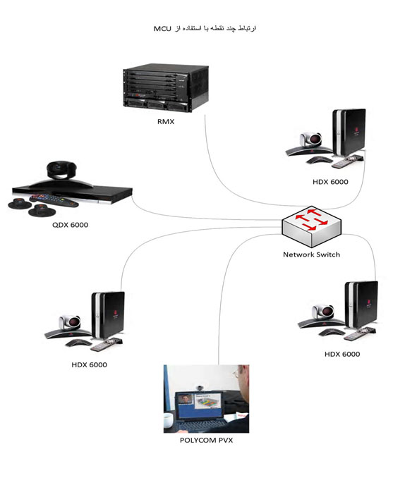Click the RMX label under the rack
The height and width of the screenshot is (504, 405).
pyautogui.click(x=166, y=122)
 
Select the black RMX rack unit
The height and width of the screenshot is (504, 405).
pyautogui.click(x=166, y=87)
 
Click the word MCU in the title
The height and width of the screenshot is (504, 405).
pyautogui.click(x=162, y=29)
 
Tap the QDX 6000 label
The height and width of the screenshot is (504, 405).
pyautogui.click(x=70, y=225)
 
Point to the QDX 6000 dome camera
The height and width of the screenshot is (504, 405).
pyautogui.click(x=61, y=170)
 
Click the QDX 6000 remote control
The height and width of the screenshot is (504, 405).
pyautogui.click(x=54, y=200)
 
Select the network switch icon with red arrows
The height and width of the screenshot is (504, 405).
pyautogui.click(x=311, y=226)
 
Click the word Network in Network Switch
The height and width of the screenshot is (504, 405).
pyautogui.click(x=298, y=254)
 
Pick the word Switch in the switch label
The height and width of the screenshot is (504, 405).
pyautogui.click(x=327, y=254)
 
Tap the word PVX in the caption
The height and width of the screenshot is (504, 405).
pyautogui.click(x=225, y=441)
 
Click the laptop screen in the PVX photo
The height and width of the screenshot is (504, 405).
pyautogui.click(x=198, y=405)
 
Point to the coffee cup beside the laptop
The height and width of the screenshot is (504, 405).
pyautogui.click(x=169, y=419)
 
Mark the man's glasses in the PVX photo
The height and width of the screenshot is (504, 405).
pyautogui.click(x=237, y=374)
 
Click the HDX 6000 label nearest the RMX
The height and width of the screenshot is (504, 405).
pyautogui.click(x=330, y=182)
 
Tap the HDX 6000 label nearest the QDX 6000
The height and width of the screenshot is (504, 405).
pyautogui.click(x=89, y=365)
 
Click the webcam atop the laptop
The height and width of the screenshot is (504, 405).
pyautogui.click(x=200, y=388)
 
